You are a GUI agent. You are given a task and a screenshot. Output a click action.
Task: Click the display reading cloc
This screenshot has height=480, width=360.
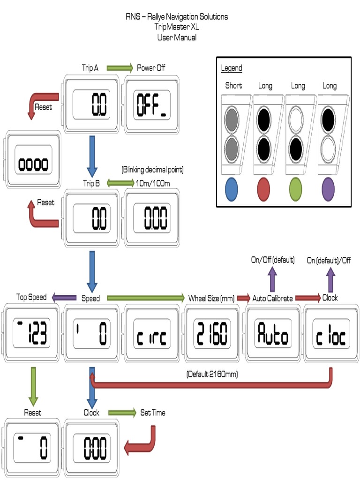point(330,333)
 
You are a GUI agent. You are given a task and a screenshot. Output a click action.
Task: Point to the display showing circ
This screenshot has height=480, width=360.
point(151,333)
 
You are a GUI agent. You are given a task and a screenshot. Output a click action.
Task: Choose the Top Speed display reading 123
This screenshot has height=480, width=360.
point(32,333)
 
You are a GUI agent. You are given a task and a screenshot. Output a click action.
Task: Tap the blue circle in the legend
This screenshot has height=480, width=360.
point(231,189)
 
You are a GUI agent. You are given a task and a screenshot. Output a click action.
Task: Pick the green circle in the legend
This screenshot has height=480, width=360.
point(296,189)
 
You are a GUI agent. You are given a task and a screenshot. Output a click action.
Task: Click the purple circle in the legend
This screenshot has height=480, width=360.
point(328,189)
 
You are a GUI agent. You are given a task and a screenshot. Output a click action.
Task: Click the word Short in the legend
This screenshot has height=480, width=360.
point(233,86)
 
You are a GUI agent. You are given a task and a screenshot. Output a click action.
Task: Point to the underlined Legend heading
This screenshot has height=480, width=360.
point(232,68)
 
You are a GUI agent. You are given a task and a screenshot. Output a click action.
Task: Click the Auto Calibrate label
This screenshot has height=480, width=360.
point(272,298)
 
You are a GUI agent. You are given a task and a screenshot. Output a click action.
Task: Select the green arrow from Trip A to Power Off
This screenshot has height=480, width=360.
point(120,68)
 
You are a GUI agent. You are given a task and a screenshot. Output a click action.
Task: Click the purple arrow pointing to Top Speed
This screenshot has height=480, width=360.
point(64,297)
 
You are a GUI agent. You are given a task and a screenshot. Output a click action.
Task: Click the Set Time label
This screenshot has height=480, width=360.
point(153,413)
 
